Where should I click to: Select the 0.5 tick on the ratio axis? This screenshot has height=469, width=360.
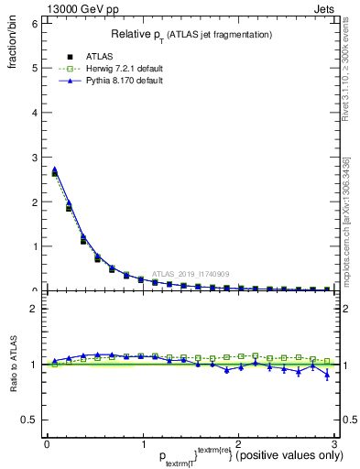pyautogui.click(x=28, y=420)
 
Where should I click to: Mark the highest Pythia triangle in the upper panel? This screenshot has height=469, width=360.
pyautogui.click(x=55, y=169)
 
